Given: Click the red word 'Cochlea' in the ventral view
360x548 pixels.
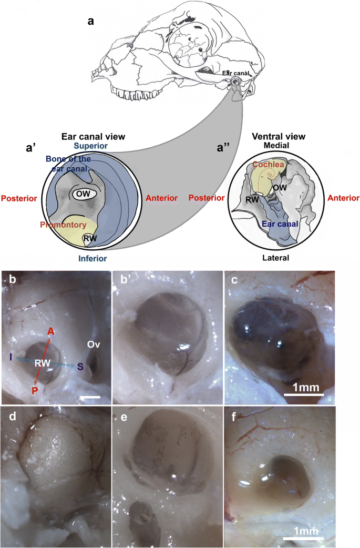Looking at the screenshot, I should coord(269,164).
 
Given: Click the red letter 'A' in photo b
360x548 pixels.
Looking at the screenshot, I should coord(51,331).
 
